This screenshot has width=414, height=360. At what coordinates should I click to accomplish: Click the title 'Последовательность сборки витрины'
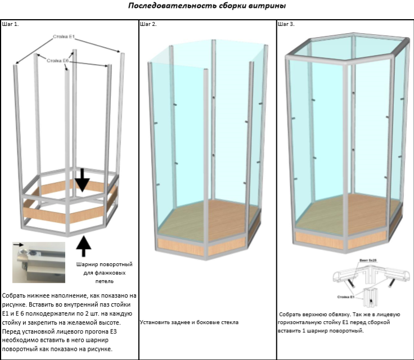pyautogui.click(x=206, y=6)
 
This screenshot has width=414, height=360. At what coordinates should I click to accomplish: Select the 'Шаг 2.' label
pyautogui.click(x=148, y=25)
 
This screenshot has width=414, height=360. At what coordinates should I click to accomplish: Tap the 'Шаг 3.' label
pyautogui.click(x=286, y=25)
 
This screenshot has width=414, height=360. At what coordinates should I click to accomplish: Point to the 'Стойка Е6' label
pyautogui.click(x=58, y=60)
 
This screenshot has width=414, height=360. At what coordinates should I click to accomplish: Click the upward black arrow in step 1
pyautogui.click(x=83, y=246)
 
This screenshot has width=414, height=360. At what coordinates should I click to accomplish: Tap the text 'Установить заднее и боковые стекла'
pyautogui.click(x=190, y=322)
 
